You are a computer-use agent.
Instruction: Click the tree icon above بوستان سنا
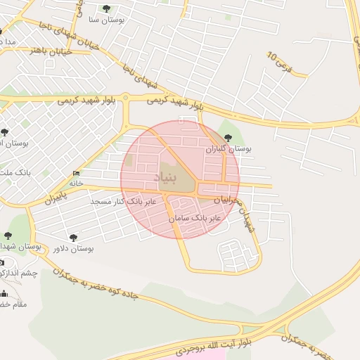tap(106, 9)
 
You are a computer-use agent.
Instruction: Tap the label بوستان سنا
tap(107, 20)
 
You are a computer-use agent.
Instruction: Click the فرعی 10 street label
tap(288, 64)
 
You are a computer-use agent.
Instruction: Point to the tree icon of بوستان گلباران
tap(227, 138)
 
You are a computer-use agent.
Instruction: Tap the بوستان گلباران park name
tap(228, 149)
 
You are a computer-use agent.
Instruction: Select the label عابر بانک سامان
tap(195, 219)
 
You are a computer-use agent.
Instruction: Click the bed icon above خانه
tap(76, 173)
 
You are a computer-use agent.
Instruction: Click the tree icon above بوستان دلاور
tap(72, 238)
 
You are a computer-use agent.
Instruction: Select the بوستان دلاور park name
tap(73, 249)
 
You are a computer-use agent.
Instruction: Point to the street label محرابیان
tap(233, 200)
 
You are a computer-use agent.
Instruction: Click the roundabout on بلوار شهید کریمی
tap(125, 98)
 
